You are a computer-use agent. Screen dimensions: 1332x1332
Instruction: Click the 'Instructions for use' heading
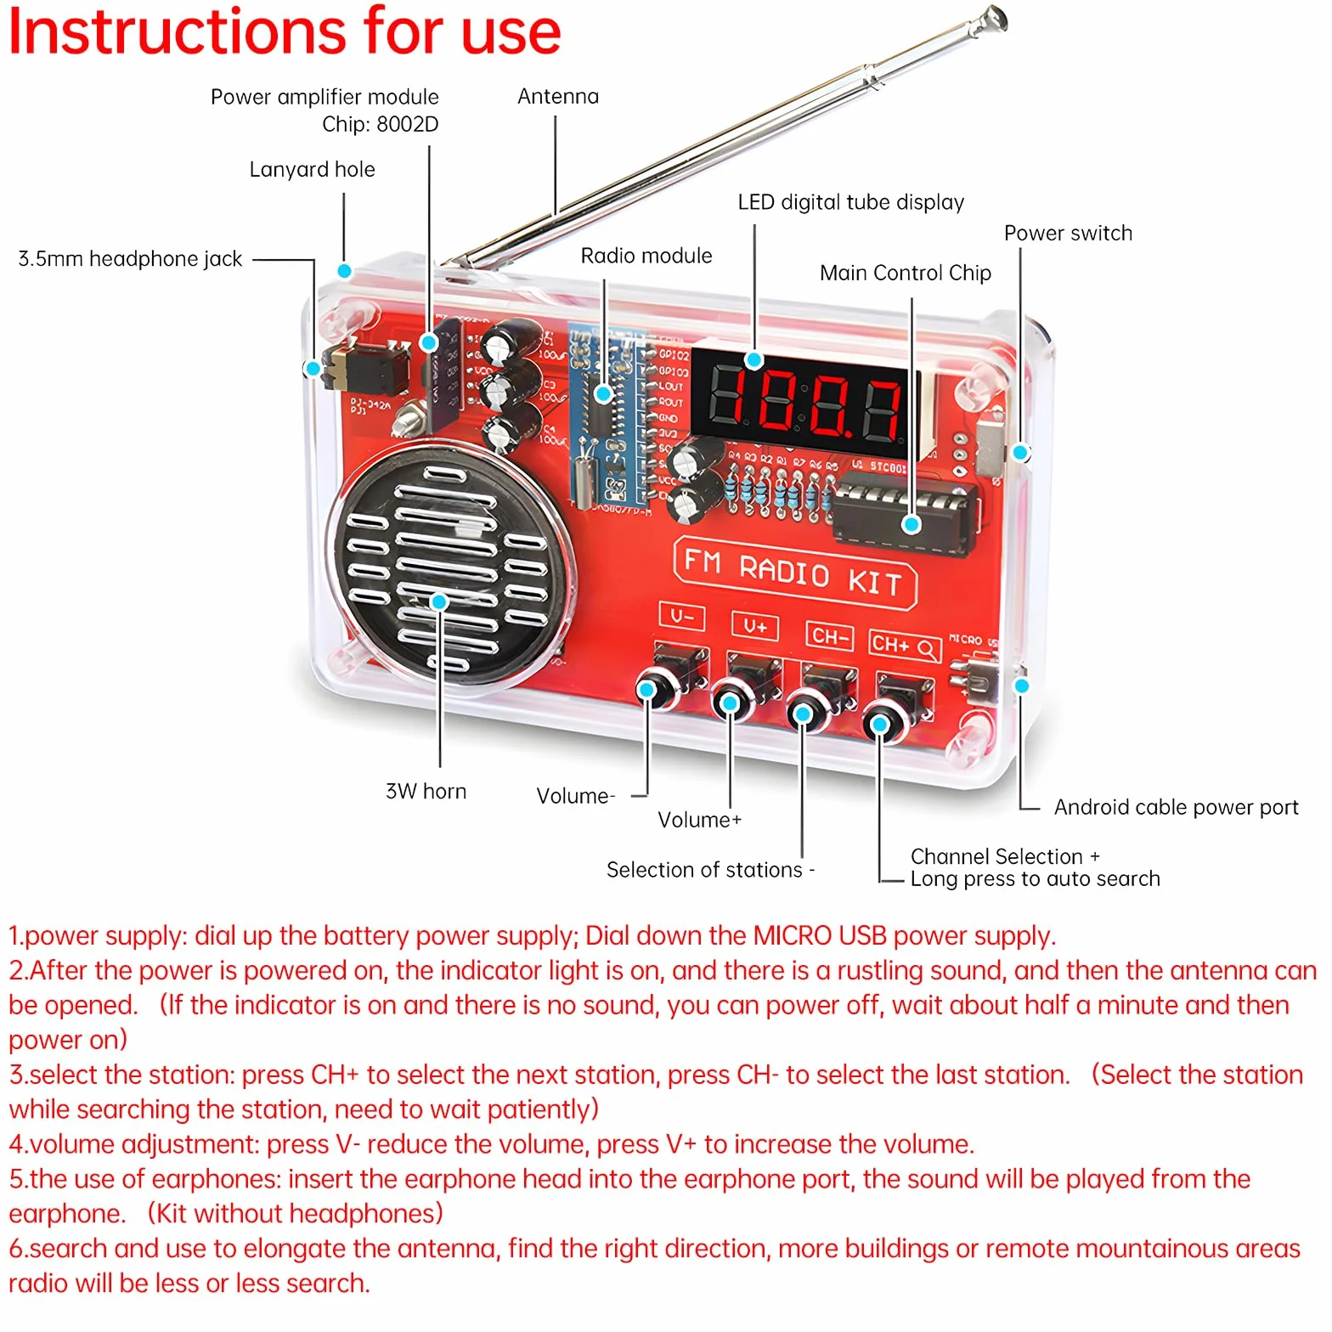(285, 31)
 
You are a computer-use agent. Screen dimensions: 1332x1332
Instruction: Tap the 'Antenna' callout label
(558, 97)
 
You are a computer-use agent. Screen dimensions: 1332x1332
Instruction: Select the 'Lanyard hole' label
(312, 170)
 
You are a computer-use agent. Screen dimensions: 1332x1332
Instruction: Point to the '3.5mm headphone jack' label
(130, 259)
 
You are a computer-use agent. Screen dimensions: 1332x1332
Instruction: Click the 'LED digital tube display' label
(851, 202)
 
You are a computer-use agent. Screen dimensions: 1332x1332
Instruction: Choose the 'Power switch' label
(1068, 234)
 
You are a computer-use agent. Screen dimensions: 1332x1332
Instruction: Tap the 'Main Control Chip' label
(906, 273)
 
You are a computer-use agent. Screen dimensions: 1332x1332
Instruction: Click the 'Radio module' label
(646, 256)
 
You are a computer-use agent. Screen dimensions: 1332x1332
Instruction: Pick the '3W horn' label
(426, 792)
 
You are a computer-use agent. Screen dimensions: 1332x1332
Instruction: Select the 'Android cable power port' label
(1177, 807)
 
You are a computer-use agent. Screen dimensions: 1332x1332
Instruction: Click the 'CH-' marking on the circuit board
(829, 635)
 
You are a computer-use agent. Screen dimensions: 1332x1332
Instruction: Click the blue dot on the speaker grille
(439, 601)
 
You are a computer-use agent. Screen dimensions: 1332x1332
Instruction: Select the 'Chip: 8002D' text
(381, 125)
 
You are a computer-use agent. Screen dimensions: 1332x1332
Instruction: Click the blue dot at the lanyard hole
(344, 271)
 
